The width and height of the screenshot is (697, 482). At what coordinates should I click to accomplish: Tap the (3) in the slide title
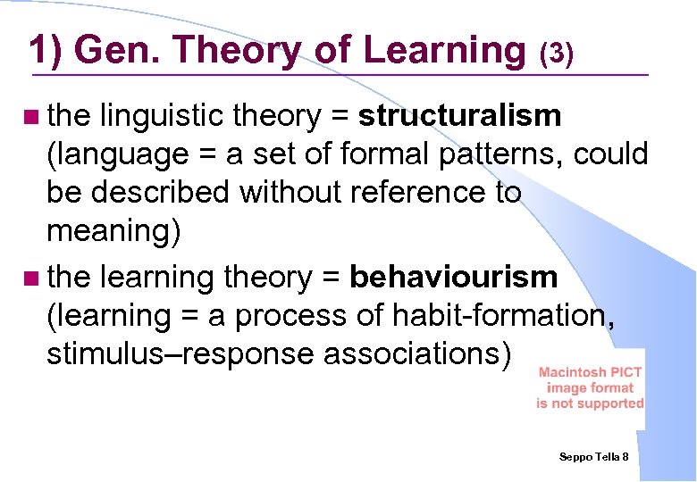pos(555,54)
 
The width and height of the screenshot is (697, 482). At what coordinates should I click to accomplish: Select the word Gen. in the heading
pos(112,51)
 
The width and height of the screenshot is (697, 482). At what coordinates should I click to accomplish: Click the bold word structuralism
pos(460,115)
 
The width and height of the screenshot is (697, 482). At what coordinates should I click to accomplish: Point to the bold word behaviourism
pos(454,278)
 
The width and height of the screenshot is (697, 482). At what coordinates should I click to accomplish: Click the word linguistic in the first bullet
pos(163,115)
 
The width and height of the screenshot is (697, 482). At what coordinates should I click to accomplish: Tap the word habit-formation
pos(505,316)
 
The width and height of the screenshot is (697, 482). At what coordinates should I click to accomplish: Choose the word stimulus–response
pos(181,354)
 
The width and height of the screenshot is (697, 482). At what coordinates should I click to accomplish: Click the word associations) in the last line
pos(417,354)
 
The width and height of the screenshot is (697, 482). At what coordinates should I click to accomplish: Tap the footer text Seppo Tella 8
pos(594,457)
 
